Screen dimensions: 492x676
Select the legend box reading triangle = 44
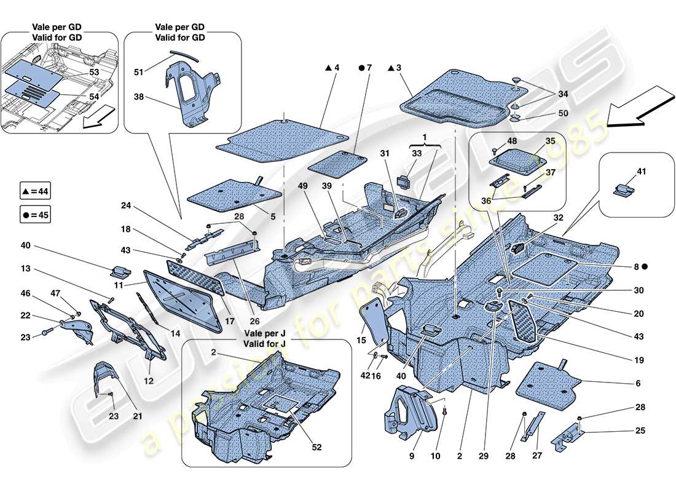[x=35, y=192]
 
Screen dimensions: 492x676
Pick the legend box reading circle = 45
[x=35, y=215]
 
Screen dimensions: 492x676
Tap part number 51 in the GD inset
[x=140, y=71]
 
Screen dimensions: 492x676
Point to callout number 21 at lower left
[x=138, y=416]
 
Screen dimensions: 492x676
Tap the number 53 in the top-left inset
[x=94, y=72]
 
